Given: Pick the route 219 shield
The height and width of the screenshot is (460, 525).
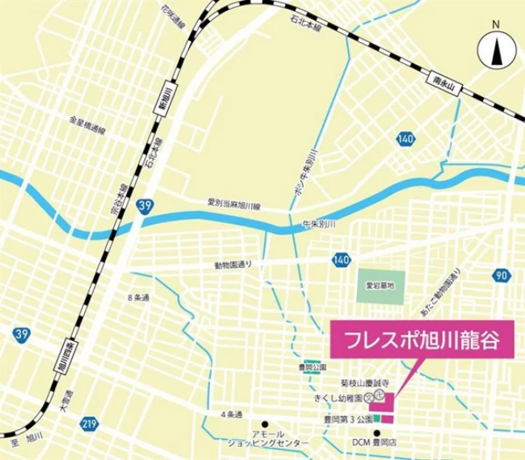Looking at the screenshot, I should click(x=89, y=423).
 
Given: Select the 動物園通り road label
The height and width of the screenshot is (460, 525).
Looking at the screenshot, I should click(x=233, y=264).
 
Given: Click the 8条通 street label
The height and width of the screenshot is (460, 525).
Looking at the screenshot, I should click(x=139, y=298).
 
